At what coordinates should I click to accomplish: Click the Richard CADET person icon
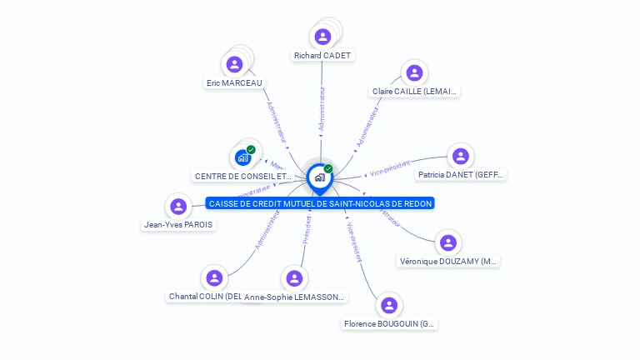[322, 37]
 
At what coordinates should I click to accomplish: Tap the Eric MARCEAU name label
[234, 82]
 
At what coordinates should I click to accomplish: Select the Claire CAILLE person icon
[414, 72]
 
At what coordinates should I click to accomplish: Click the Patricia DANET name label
[461, 175]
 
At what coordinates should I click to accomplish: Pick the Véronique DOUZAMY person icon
[448, 242]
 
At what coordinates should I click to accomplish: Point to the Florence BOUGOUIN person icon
[389, 306]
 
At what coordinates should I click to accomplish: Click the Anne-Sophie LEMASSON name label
[294, 297]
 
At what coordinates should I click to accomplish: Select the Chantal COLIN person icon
[214, 278]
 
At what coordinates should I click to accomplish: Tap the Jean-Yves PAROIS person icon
[177, 207]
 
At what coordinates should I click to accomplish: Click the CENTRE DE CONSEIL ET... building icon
[242, 157]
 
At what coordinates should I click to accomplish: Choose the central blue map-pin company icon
[319, 177]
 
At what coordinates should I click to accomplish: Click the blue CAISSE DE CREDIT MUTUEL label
[321, 203]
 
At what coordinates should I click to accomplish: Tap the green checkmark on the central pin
[328, 169]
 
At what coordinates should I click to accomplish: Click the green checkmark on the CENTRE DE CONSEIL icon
[251, 150]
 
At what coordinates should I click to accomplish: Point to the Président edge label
[307, 229]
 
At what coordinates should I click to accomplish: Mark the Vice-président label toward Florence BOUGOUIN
[353, 242]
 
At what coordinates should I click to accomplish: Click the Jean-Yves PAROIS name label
[179, 225]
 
